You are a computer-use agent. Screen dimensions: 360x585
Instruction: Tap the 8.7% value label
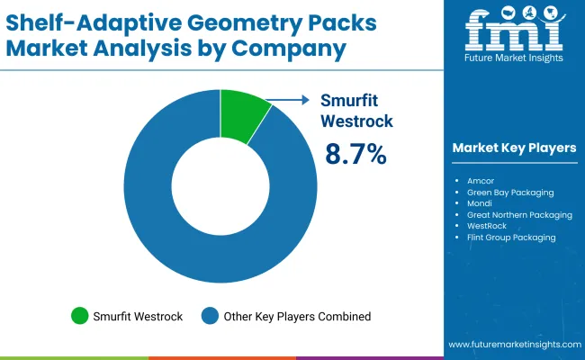pos(355,154)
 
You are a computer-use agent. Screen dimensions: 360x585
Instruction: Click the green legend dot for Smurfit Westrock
pos(80,316)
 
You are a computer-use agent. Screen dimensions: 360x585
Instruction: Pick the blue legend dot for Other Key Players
pos(210,316)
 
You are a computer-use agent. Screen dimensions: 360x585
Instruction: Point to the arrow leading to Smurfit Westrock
pos(287,102)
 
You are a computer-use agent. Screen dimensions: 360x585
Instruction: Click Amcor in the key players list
pos(481,180)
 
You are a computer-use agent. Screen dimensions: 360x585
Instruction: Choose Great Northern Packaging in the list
pos(519,215)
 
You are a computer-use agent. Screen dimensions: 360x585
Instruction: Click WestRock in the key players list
pos(487,226)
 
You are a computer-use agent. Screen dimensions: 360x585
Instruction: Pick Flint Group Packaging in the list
pos(511,238)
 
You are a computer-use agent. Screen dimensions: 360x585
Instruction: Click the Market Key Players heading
pos(514,148)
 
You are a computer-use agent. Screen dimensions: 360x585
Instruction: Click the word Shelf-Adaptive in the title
pos(75,20)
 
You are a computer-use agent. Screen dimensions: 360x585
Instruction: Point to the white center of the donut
pos(220,185)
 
